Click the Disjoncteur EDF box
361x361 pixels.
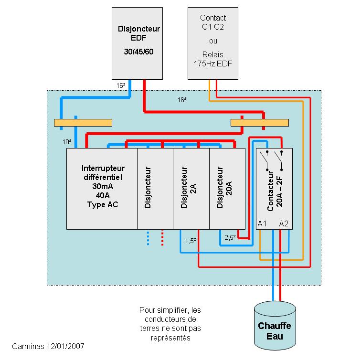tap(139, 43)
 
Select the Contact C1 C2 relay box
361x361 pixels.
tap(212, 43)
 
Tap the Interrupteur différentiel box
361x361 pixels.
tap(102, 189)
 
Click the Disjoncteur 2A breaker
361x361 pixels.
tap(191, 189)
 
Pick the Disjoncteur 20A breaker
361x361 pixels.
tap(227, 189)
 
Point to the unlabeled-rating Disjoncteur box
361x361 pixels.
tap(155, 189)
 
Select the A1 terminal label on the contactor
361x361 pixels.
tap(262, 223)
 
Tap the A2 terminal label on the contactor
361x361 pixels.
tap(284, 223)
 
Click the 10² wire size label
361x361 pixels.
tap(67, 142)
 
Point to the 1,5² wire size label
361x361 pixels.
tap(191, 240)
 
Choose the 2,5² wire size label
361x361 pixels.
tap(230, 237)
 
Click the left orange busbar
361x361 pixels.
tap(83, 123)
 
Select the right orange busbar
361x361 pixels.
tap(260, 123)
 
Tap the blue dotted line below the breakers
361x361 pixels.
tap(148, 238)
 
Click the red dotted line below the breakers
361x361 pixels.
tap(162, 238)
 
